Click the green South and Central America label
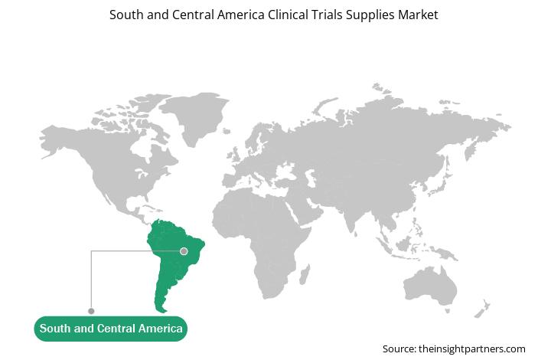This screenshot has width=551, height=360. pyautogui.click(x=111, y=329)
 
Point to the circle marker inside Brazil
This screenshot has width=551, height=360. pyautogui.click(x=184, y=251)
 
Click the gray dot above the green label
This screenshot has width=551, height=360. pyautogui.click(x=91, y=311)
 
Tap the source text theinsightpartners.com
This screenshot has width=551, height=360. pyautogui.click(x=472, y=349)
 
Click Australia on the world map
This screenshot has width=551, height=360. pyautogui.click(x=430, y=286)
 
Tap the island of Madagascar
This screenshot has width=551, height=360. pyautogui.click(x=305, y=274)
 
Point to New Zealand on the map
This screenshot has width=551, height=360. pyautogui.click(x=482, y=309)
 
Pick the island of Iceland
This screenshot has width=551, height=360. pyautogui.click(x=227, y=131)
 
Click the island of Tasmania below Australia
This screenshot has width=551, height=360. pyautogui.click(x=448, y=311)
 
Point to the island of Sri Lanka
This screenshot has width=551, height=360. pyautogui.click(x=356, y=234)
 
